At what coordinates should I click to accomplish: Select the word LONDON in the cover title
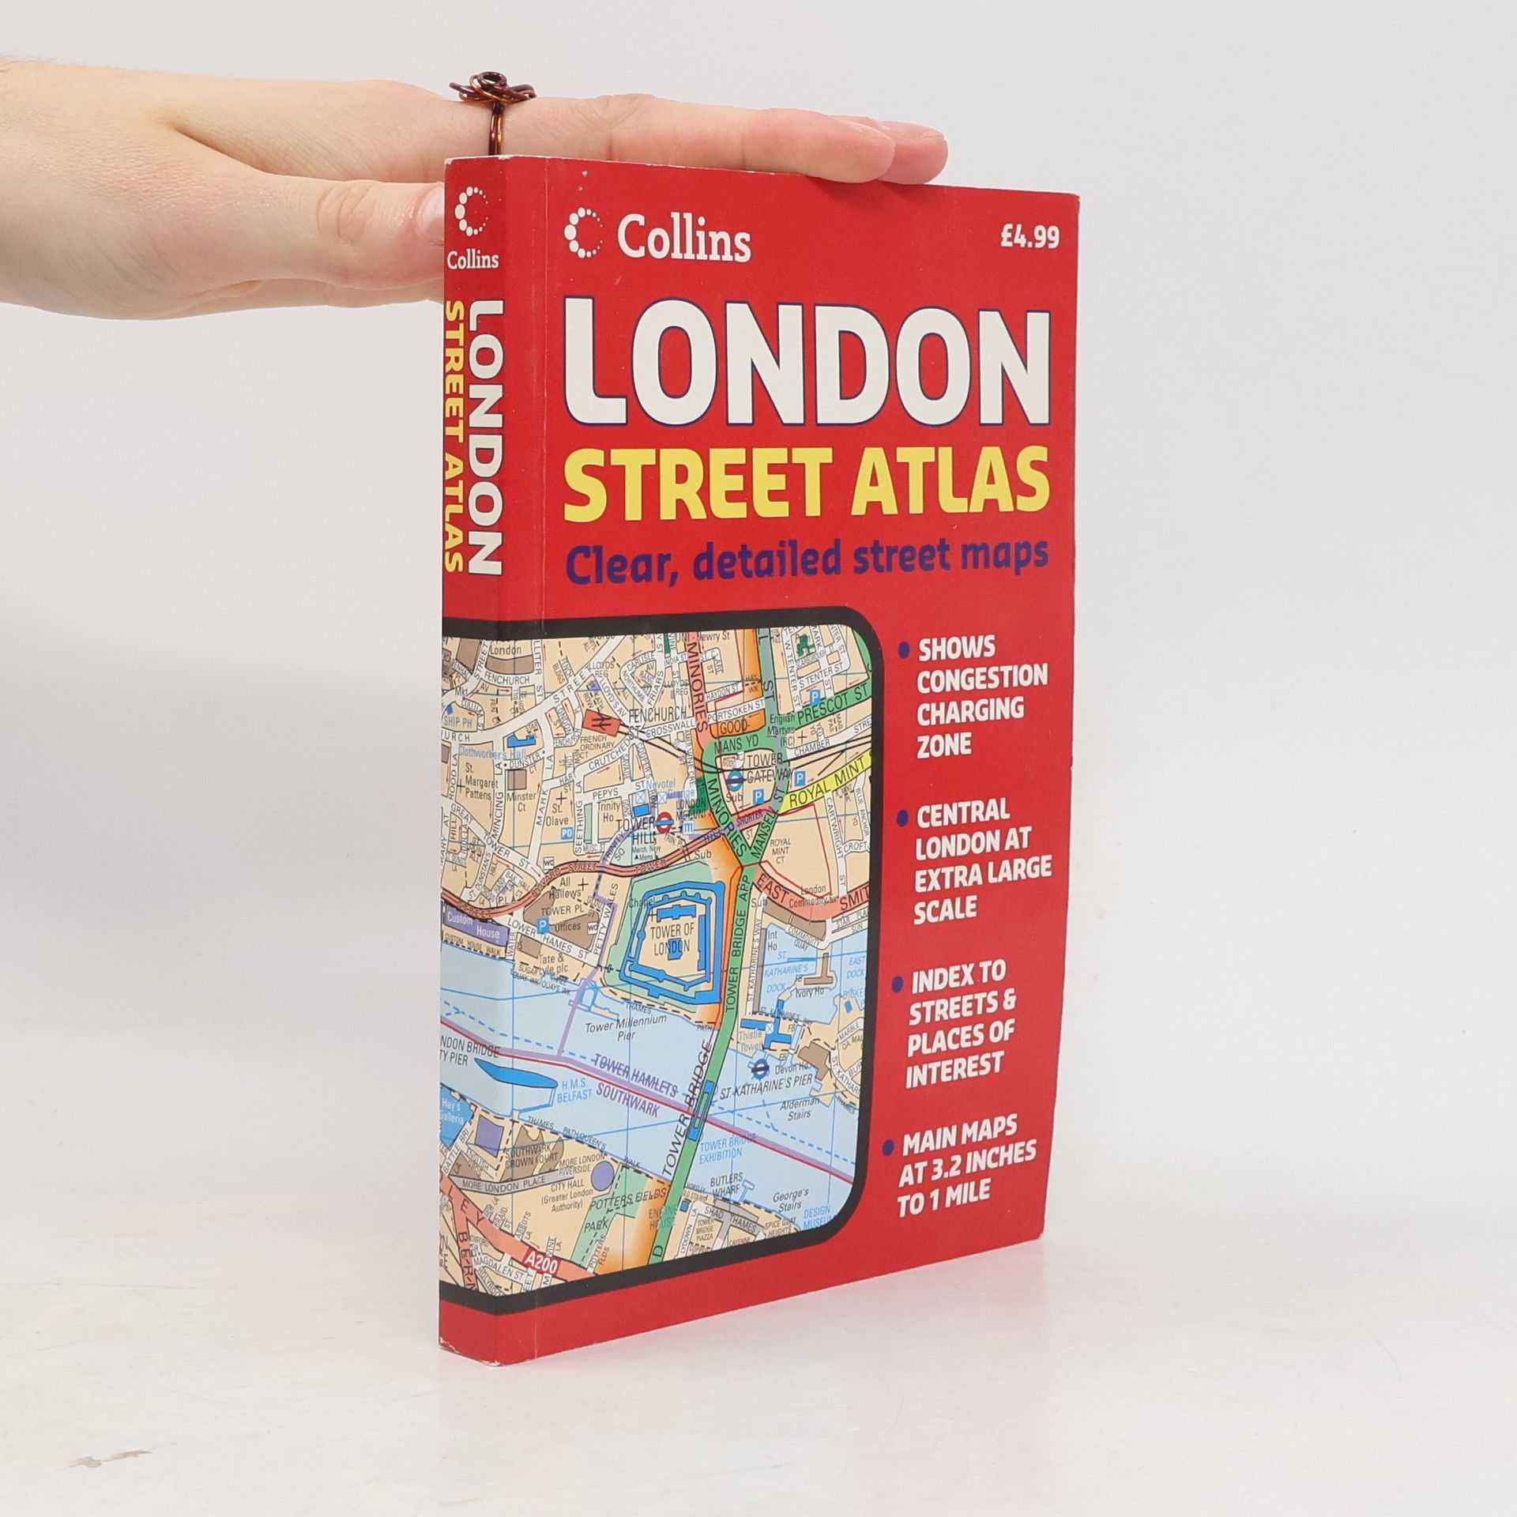807,367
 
